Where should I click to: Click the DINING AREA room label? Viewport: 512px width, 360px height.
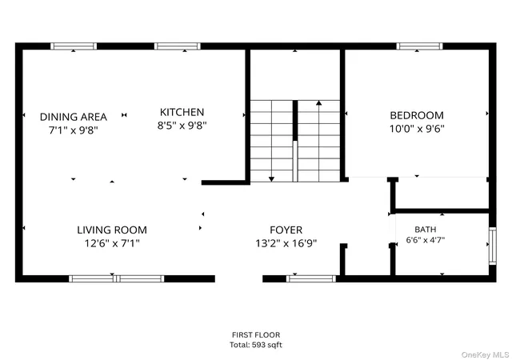[x=73, y=117]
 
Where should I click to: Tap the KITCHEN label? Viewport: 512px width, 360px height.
[x=182, y=112]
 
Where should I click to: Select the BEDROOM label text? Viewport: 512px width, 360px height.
[x=417, y=115]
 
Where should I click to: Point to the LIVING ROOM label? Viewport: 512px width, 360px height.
[x=112, y=230]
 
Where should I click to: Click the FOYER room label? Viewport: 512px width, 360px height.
[x=286, y=230]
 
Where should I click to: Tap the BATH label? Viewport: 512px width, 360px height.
[x=426, y=230]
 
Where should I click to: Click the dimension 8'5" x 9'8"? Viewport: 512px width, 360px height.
[x=182, y=125]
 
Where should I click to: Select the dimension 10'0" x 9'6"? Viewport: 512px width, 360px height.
[x=417, y=129]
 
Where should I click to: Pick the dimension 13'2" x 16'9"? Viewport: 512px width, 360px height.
[x=286, y=243]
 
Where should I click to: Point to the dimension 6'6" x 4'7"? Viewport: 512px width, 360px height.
[x=426, y=240]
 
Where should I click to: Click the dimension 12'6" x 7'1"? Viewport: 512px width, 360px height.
[x=112, y=243]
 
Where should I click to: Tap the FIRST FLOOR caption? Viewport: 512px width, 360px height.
[x=256, y=335]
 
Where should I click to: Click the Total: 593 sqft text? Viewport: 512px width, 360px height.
[x=256, y=345]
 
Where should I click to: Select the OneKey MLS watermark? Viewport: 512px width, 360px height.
[x=486, y=354]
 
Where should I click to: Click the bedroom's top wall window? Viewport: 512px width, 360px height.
[x=419, y=46]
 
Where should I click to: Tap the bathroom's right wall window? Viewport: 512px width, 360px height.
[x=493, y=246]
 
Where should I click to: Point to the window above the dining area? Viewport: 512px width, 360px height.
[x=74, y=46]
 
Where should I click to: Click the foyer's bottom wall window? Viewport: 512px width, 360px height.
[x=311, y=278]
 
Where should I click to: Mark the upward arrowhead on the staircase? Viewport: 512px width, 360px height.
[x=319, y=103]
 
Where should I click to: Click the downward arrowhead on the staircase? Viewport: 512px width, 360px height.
[x=271, y=179]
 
